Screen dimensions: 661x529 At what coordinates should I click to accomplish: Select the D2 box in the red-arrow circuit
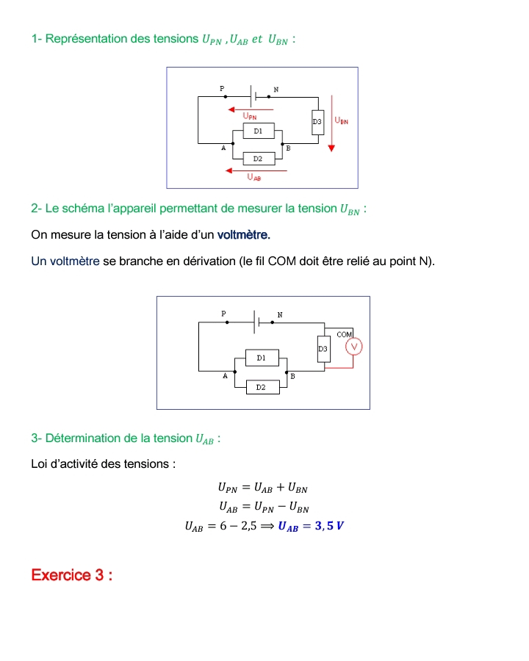tap(258, 158)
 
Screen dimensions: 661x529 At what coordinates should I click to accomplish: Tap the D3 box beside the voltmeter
tap(323, 349)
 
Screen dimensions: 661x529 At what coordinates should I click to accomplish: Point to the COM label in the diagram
tap(345, 334)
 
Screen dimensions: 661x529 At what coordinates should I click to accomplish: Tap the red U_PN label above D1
tap(250, 116)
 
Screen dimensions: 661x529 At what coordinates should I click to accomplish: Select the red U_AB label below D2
tap(254, 177)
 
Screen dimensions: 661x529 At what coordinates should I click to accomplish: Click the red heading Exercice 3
tap(71, 574)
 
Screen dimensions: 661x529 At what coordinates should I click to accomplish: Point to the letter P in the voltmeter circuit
tap(224, 314)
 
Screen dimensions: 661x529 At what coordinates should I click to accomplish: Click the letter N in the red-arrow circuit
tap(276, 90)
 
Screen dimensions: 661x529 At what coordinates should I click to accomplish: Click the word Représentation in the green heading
tap(86, 38)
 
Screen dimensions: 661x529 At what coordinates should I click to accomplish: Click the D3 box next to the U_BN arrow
tap(317, 122)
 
